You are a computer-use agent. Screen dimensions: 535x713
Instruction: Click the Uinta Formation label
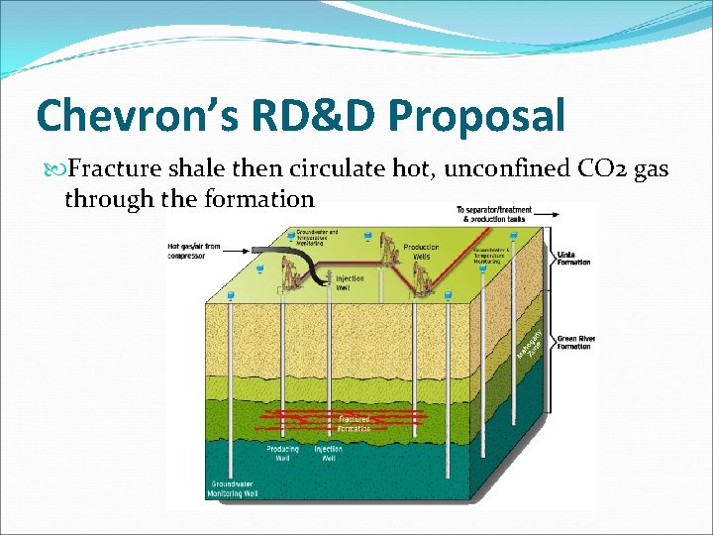point(573,259)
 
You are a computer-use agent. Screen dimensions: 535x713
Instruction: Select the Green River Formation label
point(575,343)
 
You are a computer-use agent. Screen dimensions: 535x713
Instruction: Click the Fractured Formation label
point(354,423)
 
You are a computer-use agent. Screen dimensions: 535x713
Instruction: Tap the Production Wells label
point(421,252)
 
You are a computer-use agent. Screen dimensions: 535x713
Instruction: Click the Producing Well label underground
point(282,454)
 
